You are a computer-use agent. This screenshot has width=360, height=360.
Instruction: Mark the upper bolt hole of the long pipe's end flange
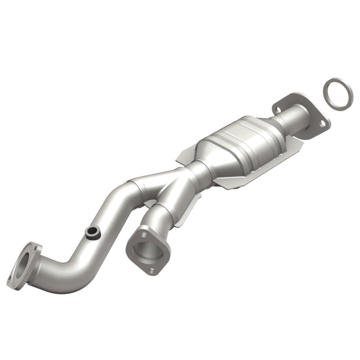pyautogui.click(x=34, y=247)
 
